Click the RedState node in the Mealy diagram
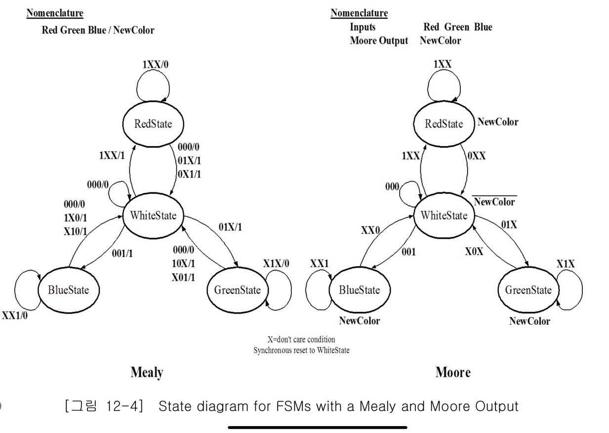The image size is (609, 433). [x=153, y=124]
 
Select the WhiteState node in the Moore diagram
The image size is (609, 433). [x=444, y=216]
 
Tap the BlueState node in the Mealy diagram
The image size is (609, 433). [x=68, y=290]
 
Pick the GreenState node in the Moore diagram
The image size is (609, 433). [x=528, y=290]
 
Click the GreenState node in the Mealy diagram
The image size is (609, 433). [x=237, y=290]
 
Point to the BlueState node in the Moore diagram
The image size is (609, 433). [x=359, y=290]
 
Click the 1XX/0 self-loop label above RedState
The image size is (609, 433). [x=159, y=64]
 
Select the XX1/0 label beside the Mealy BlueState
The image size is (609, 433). [x=15, y=315]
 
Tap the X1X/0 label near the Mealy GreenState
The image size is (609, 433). [x=276, y=263]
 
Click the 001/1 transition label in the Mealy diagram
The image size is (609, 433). [x=122, y=253]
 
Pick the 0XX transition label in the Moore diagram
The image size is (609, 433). [x=477, y=156]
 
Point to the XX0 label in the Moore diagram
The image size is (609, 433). [x=370, y=230]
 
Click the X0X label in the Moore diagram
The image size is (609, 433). [x=474, y=252]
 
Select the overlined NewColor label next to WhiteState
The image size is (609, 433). [x=494, y=202]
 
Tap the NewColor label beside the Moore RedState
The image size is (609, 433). [x=498, y=122]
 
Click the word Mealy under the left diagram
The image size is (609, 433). [x=147, y=372]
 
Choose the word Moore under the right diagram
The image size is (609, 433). [x=453, y=372]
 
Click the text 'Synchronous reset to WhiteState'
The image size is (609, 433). [x=301, y=350]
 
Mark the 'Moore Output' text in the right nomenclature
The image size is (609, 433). [x=379, y=41]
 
